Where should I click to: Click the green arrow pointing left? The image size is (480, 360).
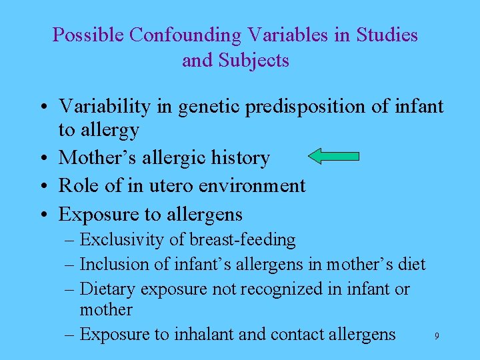[x=333, y=157]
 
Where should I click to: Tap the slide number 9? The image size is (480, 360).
[x=436, y=337]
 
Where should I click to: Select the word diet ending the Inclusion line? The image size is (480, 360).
[x=411, y=264]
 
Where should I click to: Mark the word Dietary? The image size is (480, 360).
[x=105, y=289]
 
